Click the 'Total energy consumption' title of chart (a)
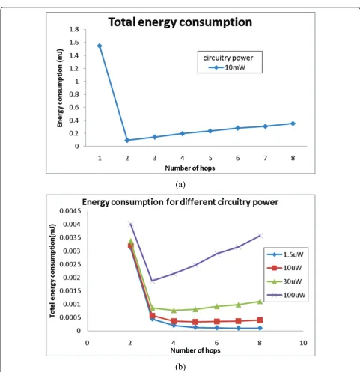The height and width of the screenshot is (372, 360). [x=180, y=22]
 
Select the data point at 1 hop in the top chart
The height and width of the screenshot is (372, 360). [x=100, y=46]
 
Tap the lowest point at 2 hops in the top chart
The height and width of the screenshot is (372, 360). [x=127, y=141]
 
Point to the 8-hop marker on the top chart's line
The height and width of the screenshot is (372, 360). [x=293, y=124]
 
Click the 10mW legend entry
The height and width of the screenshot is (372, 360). [x=227, y=67]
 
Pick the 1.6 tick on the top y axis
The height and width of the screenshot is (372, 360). [x=74, y=43]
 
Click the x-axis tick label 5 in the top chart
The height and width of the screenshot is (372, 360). [x=210, y=158]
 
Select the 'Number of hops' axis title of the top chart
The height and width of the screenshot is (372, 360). [x=190, y=168]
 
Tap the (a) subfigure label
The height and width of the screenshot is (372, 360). [x=180, y=185]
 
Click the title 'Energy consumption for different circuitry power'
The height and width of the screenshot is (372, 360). [x=180, y=202]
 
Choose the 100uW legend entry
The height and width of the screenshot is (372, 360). [x=287, y=295]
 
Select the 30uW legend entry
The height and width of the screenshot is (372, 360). [x=284, y=281]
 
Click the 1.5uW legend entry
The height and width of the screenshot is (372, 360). [x=285, y=254]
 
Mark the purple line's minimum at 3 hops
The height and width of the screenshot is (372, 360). [x=153, y=281]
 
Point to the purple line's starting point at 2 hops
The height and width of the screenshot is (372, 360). [x=131, y=224]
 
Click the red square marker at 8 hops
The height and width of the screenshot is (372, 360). [x=260, y=320]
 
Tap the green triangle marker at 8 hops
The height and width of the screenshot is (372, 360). [x=260, y=302]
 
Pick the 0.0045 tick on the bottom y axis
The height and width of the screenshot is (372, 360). [x=70, y=211]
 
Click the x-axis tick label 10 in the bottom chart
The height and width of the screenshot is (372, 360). [x=303, y=343]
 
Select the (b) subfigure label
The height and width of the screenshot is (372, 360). [x=180, y=367]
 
